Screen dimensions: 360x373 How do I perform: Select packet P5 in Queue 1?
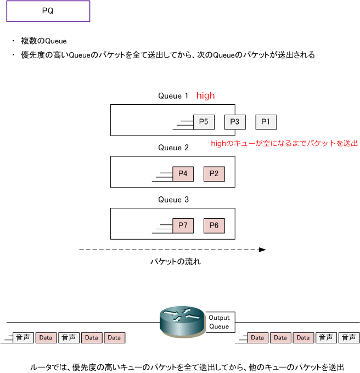point(204,122)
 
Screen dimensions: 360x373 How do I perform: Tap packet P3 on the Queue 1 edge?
point(235,122)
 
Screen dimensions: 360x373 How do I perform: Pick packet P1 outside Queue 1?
point(266,122)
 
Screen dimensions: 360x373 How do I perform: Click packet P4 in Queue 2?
point(183,174)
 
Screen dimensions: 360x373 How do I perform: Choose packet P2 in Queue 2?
point(214,174)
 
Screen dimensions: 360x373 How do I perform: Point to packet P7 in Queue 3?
point(183,226)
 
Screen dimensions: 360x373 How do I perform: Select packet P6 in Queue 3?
point(214,226)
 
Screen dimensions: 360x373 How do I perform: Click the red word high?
point(206,95)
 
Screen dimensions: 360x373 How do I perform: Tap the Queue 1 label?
point(173,96)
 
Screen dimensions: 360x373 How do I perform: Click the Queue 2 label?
point(173,148)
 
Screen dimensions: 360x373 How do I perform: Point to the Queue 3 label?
point(173,200)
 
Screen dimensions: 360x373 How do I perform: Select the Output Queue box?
point(220,322)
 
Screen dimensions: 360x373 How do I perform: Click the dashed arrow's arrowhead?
point(262,250)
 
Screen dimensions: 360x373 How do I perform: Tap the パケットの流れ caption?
point(176,262)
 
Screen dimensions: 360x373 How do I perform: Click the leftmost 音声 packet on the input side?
point(23,338)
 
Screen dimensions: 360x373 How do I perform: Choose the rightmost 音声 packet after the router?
point(349,338)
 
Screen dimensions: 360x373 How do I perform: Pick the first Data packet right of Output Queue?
point(258,338)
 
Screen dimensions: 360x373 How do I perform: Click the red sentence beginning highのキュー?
point(284,143)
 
